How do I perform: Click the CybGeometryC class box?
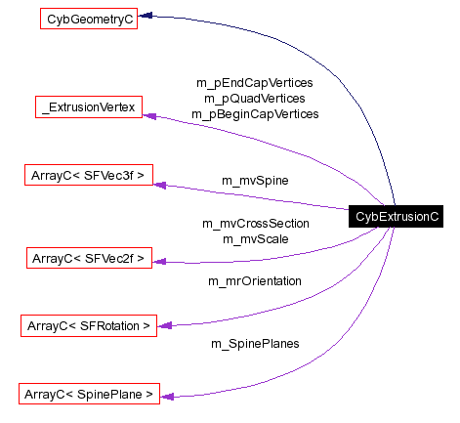pos(88,18)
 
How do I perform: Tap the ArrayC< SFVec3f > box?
pos(87,176)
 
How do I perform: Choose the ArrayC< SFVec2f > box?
pos(87,258)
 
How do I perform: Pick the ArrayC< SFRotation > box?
pos(88,324)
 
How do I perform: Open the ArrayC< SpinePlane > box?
pos(88,395)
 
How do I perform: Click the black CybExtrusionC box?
pos(397,216)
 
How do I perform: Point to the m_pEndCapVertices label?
pos(254,83)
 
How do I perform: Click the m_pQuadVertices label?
pos(254,98)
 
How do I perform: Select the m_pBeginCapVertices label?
pos(254,113)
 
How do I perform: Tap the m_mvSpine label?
pos(255,181)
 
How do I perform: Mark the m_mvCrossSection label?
pos(255,224)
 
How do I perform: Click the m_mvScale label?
pos(255,238)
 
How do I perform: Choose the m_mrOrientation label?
pos(255,281)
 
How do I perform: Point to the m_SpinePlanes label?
pos(255,344)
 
